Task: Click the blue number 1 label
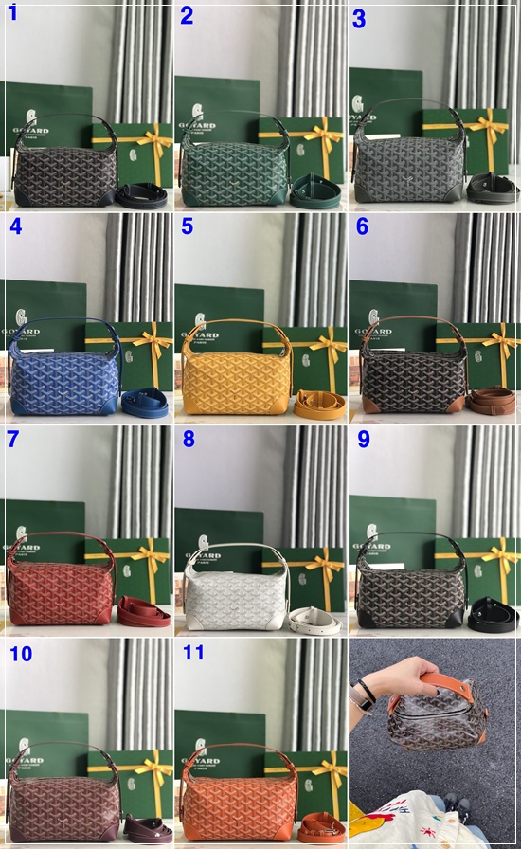click(x=12, y=13)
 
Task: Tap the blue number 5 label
click(x=187, y=226)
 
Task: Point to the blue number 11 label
click(x=193, y=652)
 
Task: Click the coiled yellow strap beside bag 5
click(x=319, y=405)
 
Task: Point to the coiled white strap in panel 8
click(x=315, y=620)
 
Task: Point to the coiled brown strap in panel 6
click(x=492, y=400)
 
